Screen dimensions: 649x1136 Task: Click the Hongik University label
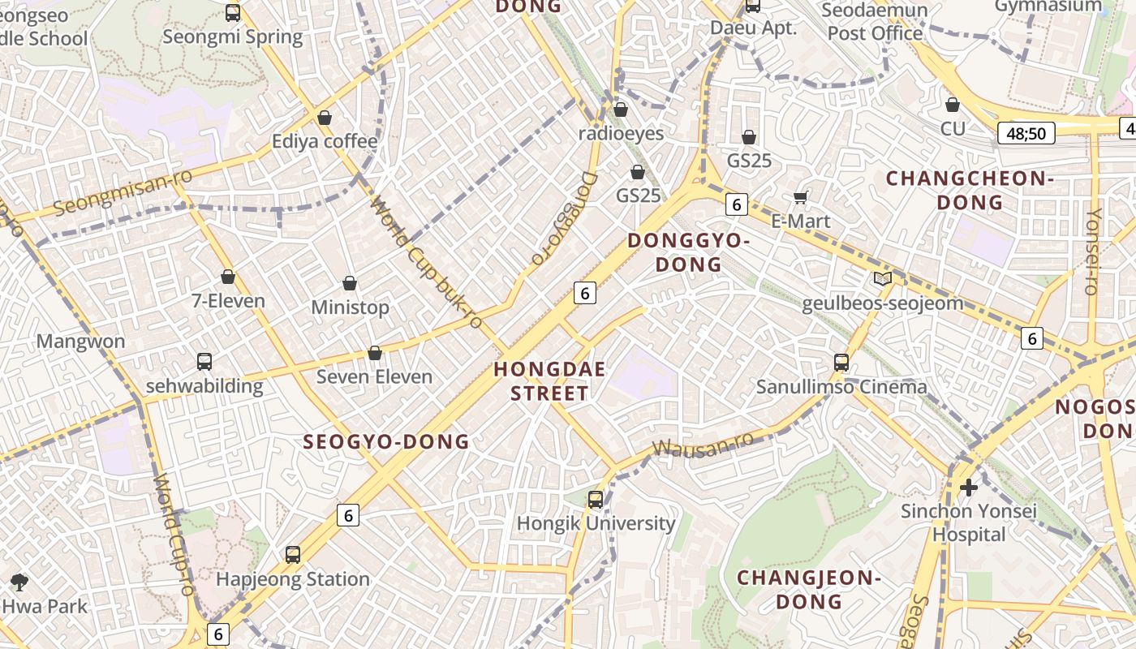596,523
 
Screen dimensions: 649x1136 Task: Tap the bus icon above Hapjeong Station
293,555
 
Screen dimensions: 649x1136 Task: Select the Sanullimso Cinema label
841,386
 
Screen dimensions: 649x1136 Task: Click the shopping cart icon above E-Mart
801,197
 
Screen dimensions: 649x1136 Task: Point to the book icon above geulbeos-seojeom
882,279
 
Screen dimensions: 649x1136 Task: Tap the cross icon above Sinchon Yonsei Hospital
969,488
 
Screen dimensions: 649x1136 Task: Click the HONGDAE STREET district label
549,381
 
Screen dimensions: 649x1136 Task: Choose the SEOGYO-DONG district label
386,442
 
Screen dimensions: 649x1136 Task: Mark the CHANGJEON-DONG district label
809,589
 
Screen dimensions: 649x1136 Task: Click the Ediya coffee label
325,141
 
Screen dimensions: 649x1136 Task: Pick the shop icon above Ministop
350,283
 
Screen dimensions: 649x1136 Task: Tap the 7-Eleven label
228,301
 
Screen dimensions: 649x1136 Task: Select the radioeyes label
621,134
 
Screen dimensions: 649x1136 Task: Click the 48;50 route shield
1026,133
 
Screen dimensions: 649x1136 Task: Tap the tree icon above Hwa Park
19,582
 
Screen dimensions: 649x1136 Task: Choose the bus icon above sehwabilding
204,362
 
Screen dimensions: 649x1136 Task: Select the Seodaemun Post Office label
875,22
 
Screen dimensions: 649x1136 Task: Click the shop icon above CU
953,105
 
